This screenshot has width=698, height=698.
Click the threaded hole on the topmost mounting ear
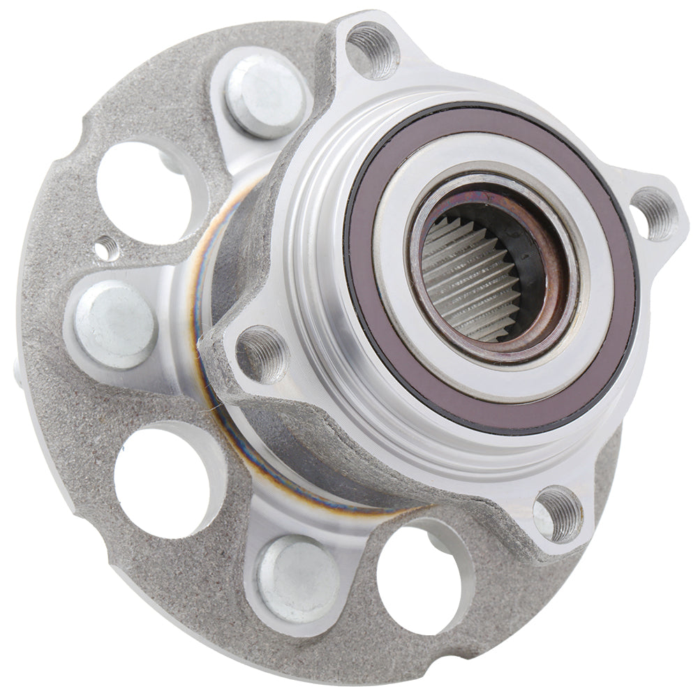pos(373,49)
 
